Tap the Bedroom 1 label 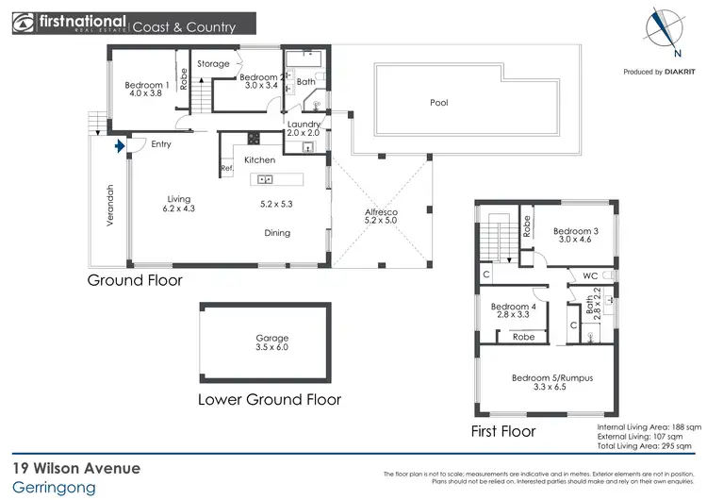coord(144,90)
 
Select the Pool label coord(438,103)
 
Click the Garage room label coord(272,342)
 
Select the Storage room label coord(213,64)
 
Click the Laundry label coord(304,128)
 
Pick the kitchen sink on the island coord(265,179)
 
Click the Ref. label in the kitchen coord(226,169)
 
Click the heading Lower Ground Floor coord(269,399)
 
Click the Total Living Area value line coord(649,448)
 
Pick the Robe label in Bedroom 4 coord(523,336)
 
